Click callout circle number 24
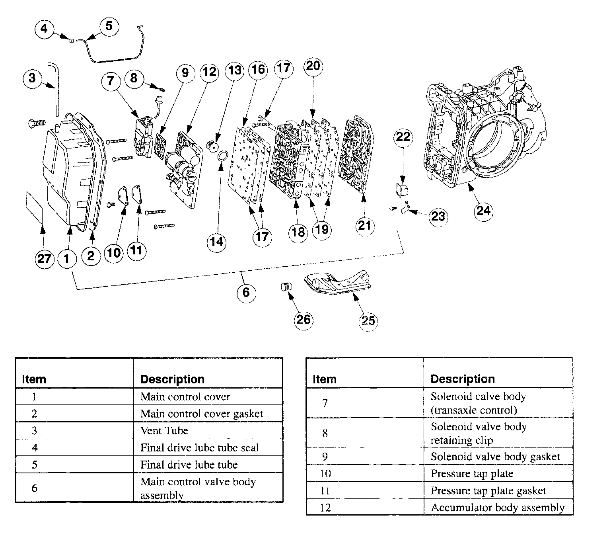coord(483,211)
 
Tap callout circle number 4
coord(44,29)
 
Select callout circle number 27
coord(44,259)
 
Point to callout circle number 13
coord(234,71)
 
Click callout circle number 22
coord(403,137)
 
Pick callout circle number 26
coord(304,319)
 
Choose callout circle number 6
coord(246,293)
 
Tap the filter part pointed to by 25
coord(338,284)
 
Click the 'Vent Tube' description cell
coord(208,431)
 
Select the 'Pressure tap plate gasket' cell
coord(498,491)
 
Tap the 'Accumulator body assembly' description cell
coord(498,508)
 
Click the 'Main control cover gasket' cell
coord(208,414)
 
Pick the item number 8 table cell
coord(325,433)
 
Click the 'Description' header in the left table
coord(173,379)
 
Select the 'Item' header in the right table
coord(325,379)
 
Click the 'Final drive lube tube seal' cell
coord(208,448)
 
